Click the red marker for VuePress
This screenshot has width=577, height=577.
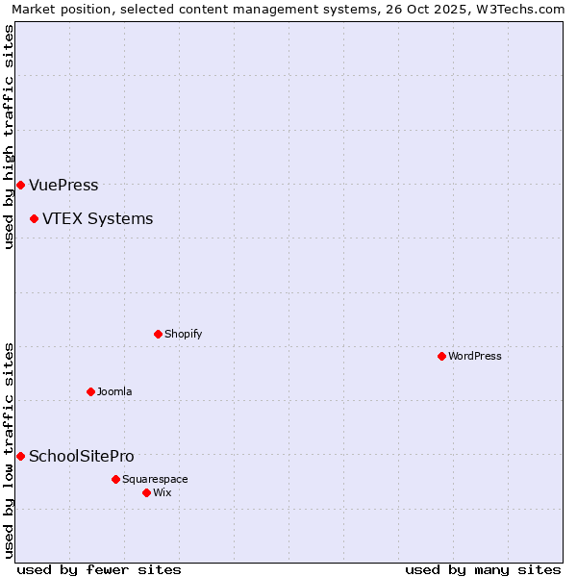pyautogui.click(x=20, y=185)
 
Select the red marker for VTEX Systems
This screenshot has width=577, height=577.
pyautogui.click(x=34, y=218)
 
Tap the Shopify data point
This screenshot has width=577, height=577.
pyautogui.click(x=158, y=334)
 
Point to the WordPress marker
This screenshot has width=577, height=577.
pyautogui.click(x=441, y=356)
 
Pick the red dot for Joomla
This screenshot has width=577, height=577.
pyautogui.click(x=90, y=391)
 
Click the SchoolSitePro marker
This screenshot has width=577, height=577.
pyautogui.click(x=20, y=456)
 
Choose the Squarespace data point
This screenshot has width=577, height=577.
pyautogui.click(x=115, y=479)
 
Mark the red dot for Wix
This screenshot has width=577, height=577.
pyautogui.click(x=146, y=492)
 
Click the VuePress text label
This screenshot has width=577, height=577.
pyautogui.click(x=63, y=185)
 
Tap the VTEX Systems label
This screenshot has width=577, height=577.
pyautogui.click(x=97, y=218)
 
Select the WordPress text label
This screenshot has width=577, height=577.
pyautogui.click(x=475, y=356)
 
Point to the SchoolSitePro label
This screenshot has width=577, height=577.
pyautogui.click(x=82, y=456)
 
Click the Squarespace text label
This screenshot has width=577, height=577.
pyautogui.click(x=155, y=479)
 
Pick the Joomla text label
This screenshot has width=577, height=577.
pyautogui.click(x=114, y=391)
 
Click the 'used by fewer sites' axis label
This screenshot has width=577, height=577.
pyautogui.click(x=99, y=569)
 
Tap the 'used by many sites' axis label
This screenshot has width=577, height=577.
pyautogui.click(x=483, y=569)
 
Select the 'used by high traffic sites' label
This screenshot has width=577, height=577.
pyautogui.click(x=9, y=137)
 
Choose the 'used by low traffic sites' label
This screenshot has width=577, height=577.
pyautogui.click(x=9, y=449)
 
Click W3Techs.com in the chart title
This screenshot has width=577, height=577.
pyautogui.click(x=517, y=9)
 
